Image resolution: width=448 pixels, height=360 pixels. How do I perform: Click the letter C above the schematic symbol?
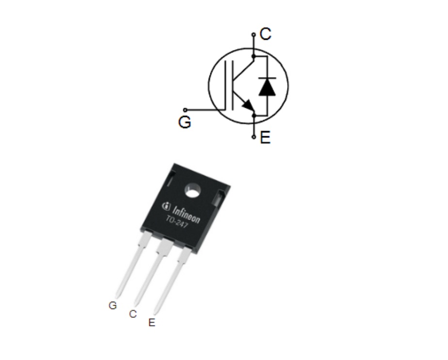[265, 34]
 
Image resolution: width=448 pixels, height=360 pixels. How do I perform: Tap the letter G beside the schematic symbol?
[185, 122]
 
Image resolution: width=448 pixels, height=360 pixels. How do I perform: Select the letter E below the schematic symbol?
[265, 137]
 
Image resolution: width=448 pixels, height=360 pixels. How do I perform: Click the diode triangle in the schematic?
[267, 87]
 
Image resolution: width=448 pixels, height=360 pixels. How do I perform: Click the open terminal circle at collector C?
[254, 34]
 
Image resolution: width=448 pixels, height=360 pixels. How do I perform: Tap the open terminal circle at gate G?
[185, 110]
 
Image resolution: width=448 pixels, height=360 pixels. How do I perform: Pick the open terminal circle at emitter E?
[254, 137]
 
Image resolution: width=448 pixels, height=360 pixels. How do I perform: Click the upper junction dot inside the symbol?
[254, 56]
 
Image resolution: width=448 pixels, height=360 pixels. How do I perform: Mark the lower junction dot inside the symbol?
[254, 116]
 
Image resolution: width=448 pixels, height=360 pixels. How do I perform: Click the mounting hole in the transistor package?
[193, 191]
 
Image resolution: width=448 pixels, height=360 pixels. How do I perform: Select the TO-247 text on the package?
[177, 222]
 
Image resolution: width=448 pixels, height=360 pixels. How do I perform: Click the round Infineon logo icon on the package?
[166, 206]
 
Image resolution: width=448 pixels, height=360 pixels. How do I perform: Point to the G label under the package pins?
[112, 305]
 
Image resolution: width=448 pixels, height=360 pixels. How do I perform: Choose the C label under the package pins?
[133, 314]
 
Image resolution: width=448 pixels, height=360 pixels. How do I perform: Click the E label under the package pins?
[152, 323]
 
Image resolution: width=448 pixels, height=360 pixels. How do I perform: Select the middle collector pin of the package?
[153, 272]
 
